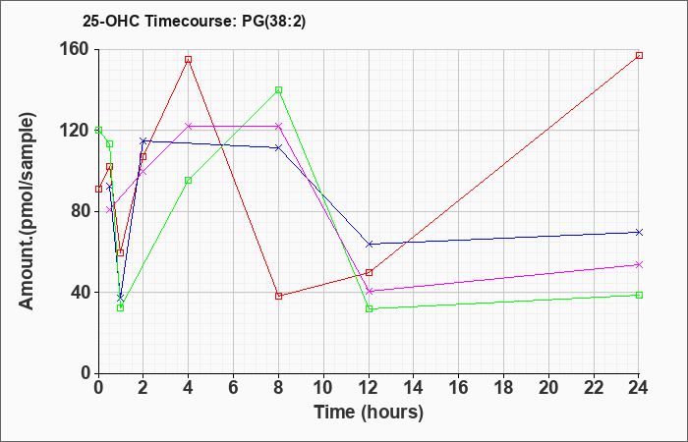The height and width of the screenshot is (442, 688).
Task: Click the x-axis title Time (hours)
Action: (x=369, y=413)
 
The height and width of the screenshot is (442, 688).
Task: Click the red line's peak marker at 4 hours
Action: (x=188, y=59)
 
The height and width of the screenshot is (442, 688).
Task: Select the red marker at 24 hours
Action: (x=639, y=55)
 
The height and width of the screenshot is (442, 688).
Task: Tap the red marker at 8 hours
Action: (x=278, y=296)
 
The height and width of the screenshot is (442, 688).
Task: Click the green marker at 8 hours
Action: (x=278, y=89)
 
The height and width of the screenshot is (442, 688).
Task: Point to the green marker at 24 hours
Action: (x=639, y=295)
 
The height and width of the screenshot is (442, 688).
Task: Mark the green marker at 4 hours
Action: (x=188, y=181)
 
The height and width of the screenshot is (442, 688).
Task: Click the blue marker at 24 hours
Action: (x=639, y=232)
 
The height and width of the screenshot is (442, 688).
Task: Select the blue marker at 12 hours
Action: (x=369, y=244)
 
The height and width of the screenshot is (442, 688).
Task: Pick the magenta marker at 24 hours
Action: (x=639, y=264)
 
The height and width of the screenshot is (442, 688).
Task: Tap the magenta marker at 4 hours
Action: (x=188, y=126)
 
